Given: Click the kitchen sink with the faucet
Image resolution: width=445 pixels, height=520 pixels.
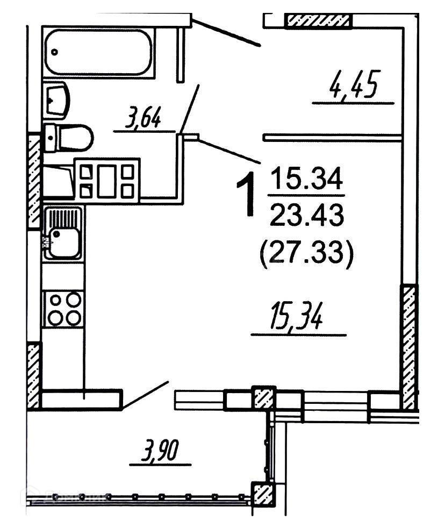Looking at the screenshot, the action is point(63,234).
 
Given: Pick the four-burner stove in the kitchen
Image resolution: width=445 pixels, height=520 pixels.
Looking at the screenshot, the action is point(64,308).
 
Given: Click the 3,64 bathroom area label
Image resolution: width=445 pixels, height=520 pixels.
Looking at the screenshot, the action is point(143,118).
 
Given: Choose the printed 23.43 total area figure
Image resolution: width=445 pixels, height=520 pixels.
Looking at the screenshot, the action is point(306,216).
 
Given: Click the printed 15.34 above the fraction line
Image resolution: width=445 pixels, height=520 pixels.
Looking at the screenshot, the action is point(306,179).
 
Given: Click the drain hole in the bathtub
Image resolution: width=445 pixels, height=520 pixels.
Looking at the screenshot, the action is point(55,52).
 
